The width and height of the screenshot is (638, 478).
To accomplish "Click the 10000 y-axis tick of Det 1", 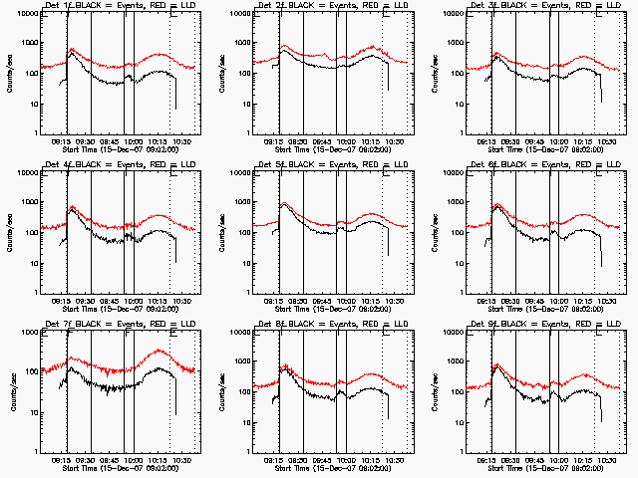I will pyautogui.click(x=27, y=14).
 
